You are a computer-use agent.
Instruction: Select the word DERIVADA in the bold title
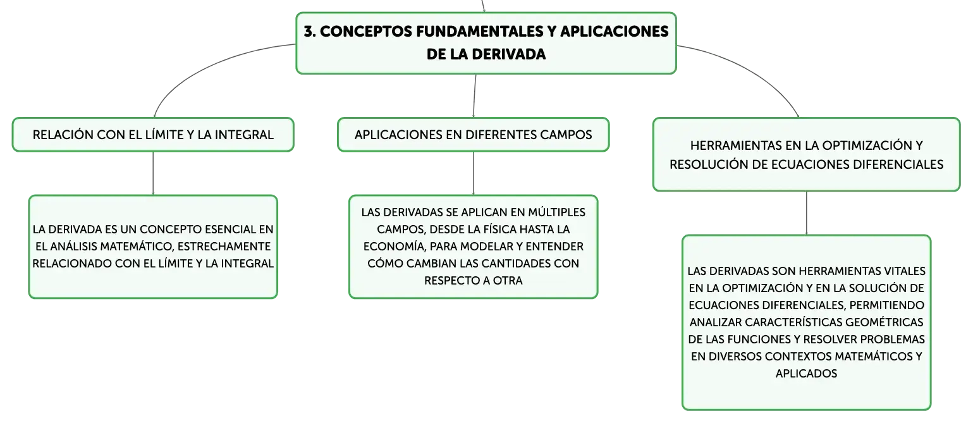[508, 54]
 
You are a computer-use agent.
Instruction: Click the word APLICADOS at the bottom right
[806, 374]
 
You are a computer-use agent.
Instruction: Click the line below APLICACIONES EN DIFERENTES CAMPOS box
[474, 173]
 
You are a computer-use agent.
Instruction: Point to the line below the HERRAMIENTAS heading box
[807, 213]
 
